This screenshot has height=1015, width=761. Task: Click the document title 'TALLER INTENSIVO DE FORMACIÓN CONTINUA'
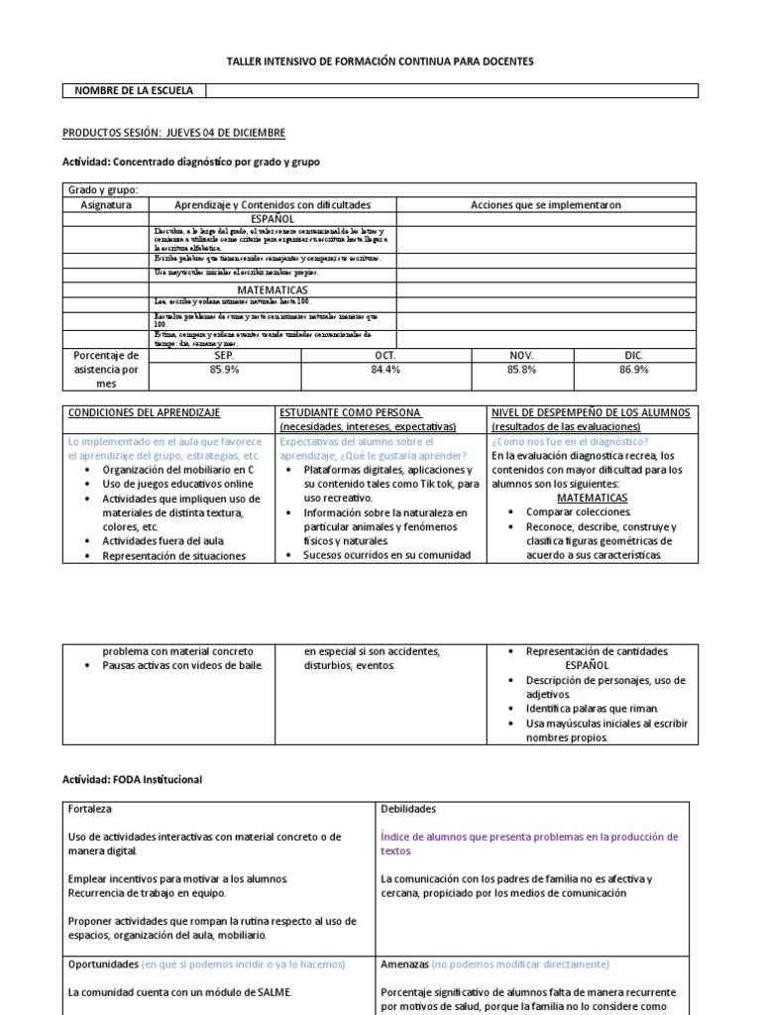click(x=380, y=61)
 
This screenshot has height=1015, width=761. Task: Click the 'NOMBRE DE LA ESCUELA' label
click(x=134, y=90)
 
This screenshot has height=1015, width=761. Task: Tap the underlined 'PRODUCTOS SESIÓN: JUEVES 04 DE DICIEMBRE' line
click(x=173, y=133)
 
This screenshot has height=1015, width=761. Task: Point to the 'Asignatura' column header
click(x=105, y=204)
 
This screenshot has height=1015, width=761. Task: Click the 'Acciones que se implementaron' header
click(x=546, y=204)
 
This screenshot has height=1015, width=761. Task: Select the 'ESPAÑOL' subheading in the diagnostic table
click(x=272, y=218)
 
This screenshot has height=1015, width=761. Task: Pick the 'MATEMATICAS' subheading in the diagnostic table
click(x=272, y=289)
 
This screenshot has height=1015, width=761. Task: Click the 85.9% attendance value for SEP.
click(x=225, y=370)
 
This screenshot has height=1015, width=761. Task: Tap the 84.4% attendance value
click(x=385, y=370)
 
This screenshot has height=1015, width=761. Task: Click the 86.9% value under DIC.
click(x=634, y=370)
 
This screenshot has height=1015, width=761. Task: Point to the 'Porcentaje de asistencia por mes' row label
click(x=105, y=369)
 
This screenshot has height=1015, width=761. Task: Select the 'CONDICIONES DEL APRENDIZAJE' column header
click(x=144, y=411)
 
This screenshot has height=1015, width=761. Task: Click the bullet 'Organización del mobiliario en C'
click(x=177, y=469)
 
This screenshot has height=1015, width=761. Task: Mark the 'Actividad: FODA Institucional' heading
click(x=132, y=780)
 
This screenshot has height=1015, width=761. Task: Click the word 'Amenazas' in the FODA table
click(x=405, y=963)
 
